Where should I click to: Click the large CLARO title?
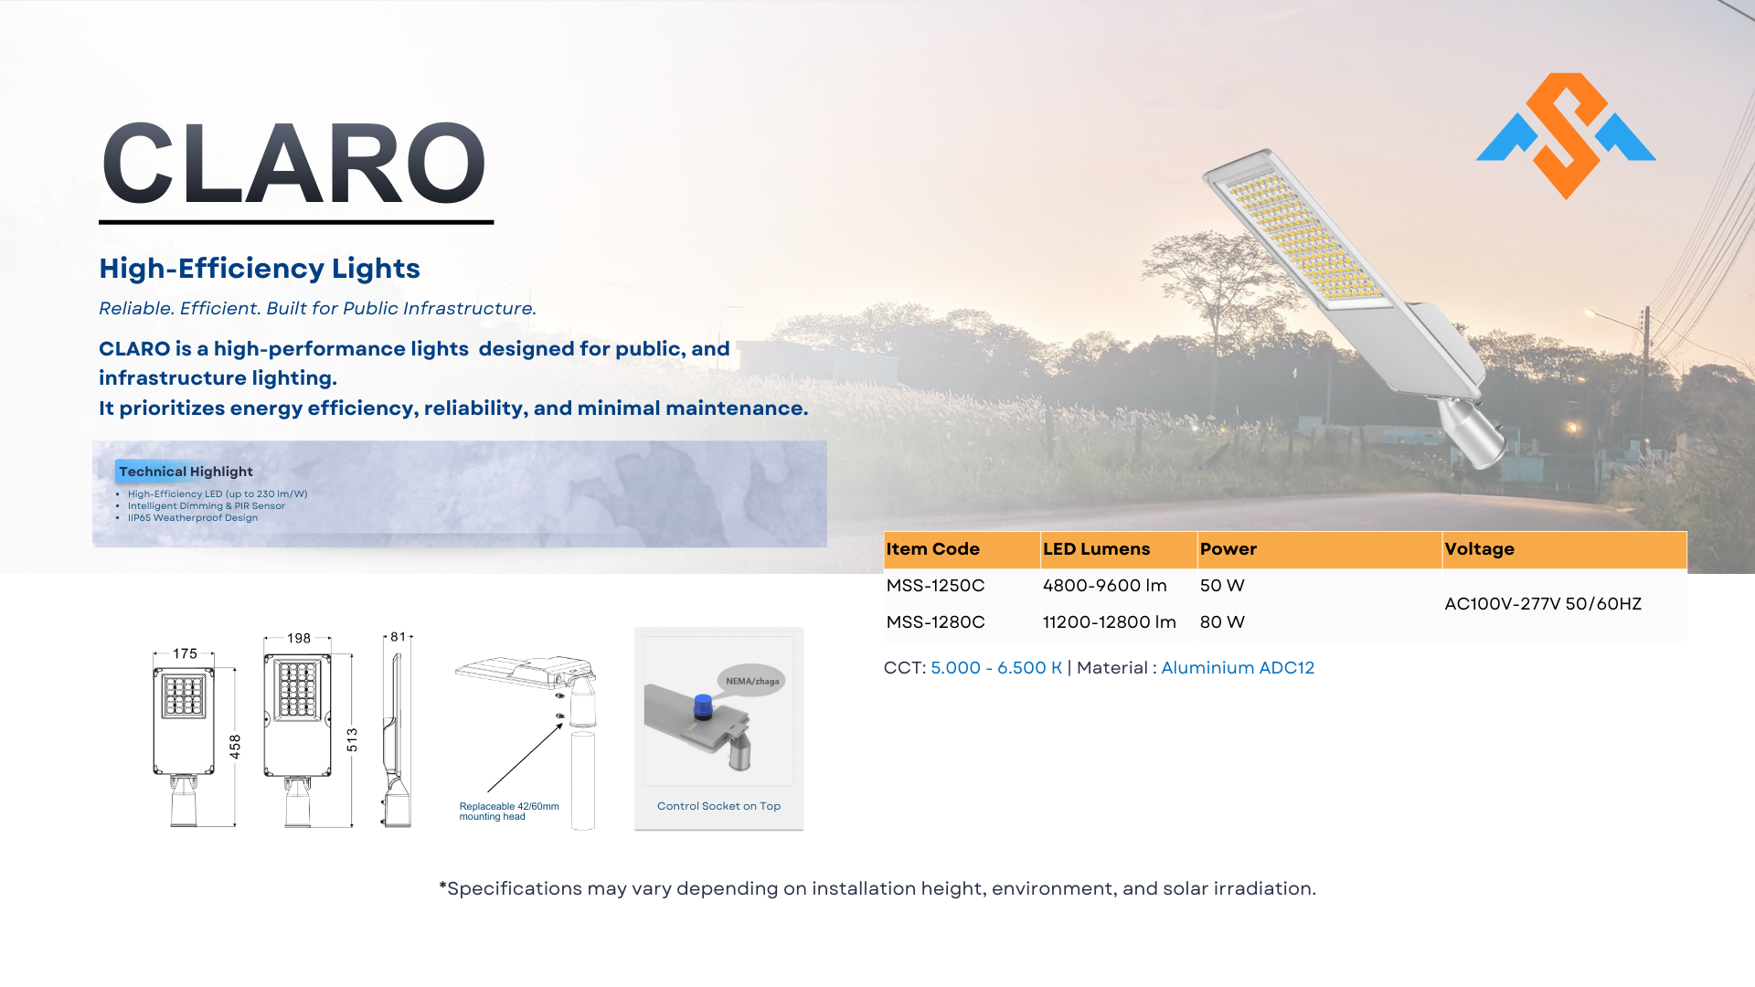coord(294,164)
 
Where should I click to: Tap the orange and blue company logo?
coord(1566,136)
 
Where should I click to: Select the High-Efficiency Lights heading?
coord(260,269)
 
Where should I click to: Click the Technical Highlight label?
coord(186,472)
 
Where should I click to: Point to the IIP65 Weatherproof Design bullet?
coord(193,518)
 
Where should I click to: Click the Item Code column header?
coord(932,549)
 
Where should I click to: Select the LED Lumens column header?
coord(1096,549)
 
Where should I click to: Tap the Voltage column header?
coord(1479,549)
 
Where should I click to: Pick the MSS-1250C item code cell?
coord(935,586)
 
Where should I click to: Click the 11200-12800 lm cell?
coord(1109,622)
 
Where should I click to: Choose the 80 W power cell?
coord(1222,622)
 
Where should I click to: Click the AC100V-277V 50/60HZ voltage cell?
coord(1543,604)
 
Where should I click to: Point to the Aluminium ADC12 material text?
coord(1238,668)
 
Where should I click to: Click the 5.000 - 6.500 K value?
coord(996,668)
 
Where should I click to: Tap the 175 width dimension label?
coord(186,653)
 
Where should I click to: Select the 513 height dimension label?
coord(352,740)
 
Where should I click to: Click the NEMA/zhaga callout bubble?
coord(751,680)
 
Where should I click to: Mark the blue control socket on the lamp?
coord(702,706)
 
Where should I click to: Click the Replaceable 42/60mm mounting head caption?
coord(509,812)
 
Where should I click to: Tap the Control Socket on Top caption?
coord(718,806)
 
